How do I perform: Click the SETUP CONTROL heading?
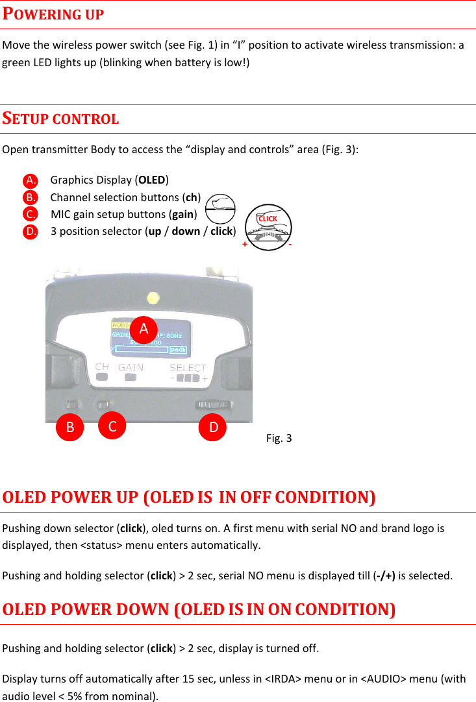pos(60,119)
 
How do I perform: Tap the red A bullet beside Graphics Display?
pos(29,180)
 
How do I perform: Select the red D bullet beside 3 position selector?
pos(29,232)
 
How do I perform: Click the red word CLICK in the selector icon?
pos(268,219)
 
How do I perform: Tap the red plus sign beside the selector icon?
pos(245,245)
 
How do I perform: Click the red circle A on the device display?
pos(144,328)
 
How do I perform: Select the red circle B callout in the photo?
pos(69,427)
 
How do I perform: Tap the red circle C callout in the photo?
pos(112,426)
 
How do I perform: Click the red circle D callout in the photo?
pos(212,427)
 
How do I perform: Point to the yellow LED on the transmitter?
pos(153,298)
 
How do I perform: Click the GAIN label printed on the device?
pos(131,367)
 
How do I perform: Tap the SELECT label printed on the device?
pos(188,368)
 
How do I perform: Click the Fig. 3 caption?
pos(279,438)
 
